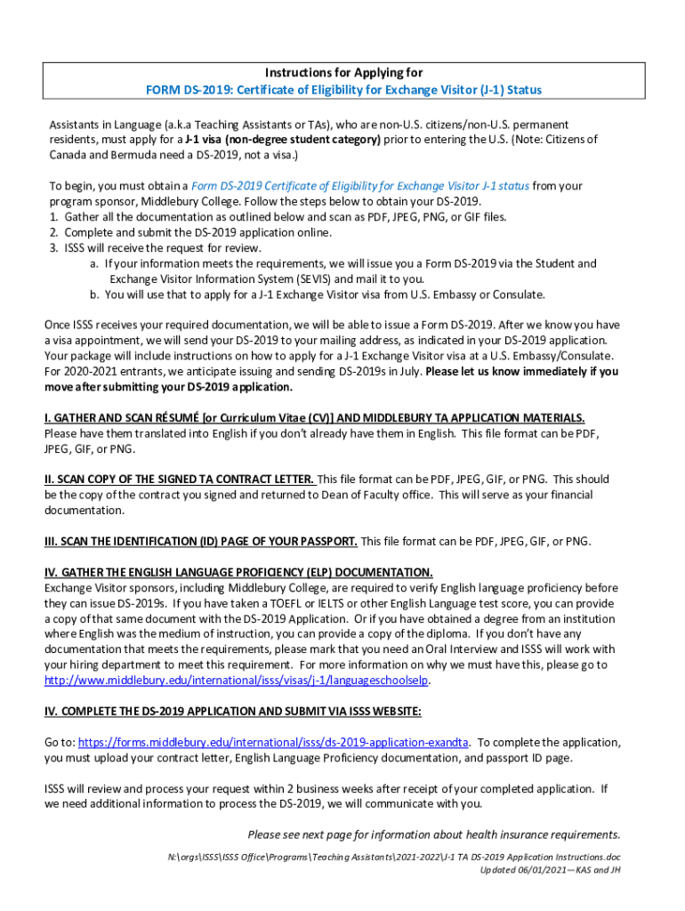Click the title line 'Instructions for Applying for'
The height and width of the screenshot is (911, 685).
coord(343,73)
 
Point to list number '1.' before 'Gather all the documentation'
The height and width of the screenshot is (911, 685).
coord(54,217)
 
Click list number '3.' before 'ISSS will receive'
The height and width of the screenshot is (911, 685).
coord(54,248)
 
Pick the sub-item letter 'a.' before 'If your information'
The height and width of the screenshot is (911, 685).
coord(94,263)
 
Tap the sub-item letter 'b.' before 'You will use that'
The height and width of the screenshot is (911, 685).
coord(94,294)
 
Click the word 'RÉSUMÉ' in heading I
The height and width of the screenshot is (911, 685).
coord(177,417)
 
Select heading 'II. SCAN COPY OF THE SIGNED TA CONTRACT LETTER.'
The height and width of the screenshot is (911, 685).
coord(179,480)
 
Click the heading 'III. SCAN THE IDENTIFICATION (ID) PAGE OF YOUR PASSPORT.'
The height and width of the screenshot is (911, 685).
coord(201,541)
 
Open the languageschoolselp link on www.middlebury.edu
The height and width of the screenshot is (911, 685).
coord(238,681)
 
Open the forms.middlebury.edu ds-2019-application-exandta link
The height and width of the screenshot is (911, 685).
coord(274,742)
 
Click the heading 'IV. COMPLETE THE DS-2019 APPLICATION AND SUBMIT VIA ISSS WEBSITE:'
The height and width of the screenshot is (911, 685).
coord(233,711)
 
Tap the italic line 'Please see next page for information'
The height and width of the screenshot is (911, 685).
coord(433,834)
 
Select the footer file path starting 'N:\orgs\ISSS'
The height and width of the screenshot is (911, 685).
coord(393,856)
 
